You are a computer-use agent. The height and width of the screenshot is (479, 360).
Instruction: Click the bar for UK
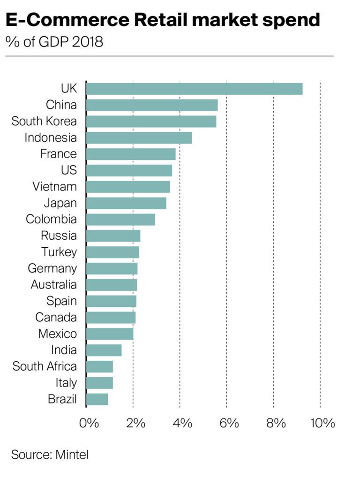[x=194, y=89]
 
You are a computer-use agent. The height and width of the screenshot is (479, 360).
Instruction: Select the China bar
[x=152, y=105]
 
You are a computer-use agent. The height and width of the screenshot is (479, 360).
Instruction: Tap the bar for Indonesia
[x=139, y=138]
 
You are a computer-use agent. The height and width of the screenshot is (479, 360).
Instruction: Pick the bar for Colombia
[x=120, y=220]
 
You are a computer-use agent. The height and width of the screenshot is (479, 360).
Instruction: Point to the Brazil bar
[x=97, y=399]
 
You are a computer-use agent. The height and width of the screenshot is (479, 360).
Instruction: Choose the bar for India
[x=104, y=350]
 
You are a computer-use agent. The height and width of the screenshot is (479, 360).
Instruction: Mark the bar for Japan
[x=126, y=203]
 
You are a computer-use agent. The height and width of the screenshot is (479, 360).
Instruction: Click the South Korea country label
[x=44, y=121]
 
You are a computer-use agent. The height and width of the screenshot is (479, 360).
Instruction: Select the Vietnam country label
[x=54, y=187]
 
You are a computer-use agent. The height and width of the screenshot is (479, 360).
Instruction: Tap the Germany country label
[x=52, y=268]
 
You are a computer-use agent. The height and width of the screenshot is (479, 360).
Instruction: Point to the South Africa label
[x=45, y=366]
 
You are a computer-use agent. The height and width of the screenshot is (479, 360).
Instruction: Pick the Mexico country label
[x=57, y=334]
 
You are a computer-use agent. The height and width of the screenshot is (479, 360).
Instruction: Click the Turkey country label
[x=59, y=252]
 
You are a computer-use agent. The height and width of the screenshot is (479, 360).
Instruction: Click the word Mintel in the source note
[x=72, y=454]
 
